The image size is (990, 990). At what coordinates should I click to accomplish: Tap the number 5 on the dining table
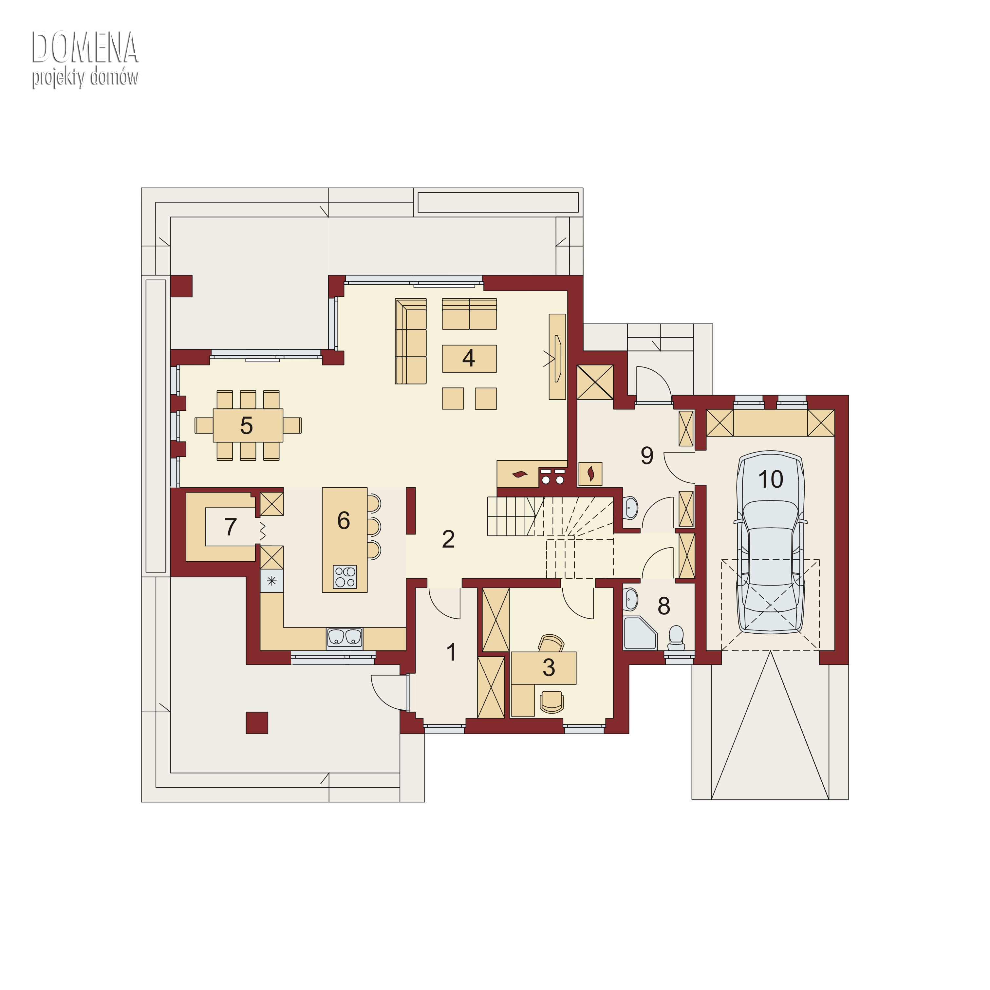pyautogui.click(x=247, y=426)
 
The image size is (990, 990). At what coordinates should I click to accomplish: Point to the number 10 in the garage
pyautogui.click(x=770, y=479)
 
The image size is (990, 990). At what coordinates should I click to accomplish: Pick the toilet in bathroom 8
pyautogui.click(x=676, y=638)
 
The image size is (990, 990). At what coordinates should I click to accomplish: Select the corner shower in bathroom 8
pyautogui.click(x=640, y=633)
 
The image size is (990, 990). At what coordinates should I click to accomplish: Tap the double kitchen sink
pyautogui.click(x=344, y=637)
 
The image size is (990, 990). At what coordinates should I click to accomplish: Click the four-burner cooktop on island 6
pyautogui.click(x=344, y=576)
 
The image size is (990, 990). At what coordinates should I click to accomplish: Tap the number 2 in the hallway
pyautogui.click(x=448, y=539)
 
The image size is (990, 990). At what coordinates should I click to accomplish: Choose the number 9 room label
pyautogui.click(x=647, y=455)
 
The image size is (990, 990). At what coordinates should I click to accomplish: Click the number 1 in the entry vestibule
pyautogui.click(x=451, y=652)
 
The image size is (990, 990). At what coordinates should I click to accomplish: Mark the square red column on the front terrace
pyautogui.click(x=257, y=722)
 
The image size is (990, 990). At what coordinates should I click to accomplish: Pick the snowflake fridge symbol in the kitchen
pyautogui.click(x=271, y=581)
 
